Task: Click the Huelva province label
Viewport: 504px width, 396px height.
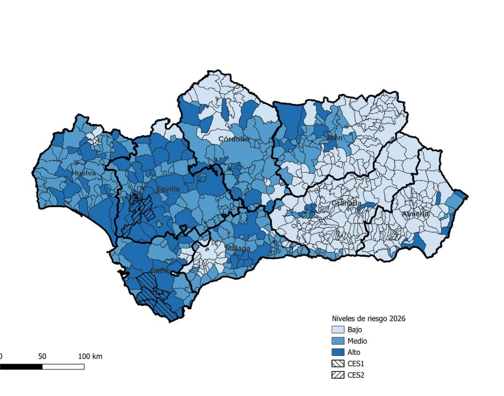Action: [84, 173]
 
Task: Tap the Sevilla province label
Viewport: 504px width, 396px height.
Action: [168, 188]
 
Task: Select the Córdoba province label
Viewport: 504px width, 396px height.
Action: [234, 139]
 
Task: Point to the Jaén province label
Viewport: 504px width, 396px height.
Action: [334, 138]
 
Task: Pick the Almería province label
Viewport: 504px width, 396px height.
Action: [415, 214]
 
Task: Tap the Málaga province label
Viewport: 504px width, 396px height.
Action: [238, 248]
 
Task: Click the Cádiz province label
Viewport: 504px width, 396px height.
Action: [160, 270]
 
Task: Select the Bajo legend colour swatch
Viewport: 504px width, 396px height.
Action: [337, 330]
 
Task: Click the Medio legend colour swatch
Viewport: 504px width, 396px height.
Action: [337, 341]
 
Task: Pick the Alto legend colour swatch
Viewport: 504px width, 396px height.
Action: [337, 352]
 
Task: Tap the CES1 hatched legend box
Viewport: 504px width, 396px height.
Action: [337, 364]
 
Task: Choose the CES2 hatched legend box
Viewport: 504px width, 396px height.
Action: [337, 375]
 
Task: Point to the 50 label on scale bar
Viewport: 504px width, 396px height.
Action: [42, 356]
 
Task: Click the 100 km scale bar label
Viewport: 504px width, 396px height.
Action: [90, 356]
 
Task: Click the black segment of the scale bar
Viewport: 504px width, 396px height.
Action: [21, 366]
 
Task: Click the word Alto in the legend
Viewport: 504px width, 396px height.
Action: [355, 352]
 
